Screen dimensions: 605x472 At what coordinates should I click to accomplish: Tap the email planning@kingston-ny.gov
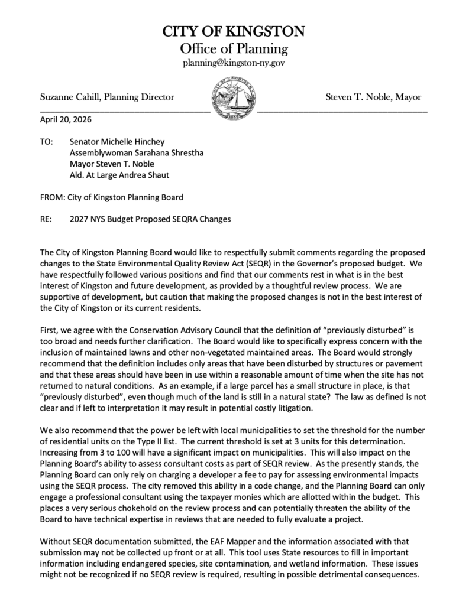pyautogui.click(x=234, y=63)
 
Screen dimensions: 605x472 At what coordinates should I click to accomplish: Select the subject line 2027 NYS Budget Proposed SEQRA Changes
pyautogui.click(x=150, y=219)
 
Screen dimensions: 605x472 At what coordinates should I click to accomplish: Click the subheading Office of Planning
pyautogui.click(x=234, y=48)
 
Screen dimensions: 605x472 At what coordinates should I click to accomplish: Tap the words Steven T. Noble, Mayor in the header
pyautogui.click(x=374, y=97)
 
